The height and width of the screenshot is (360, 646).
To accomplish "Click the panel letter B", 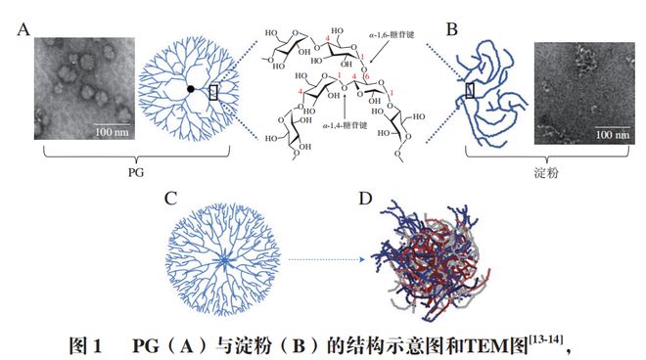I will click(452, 26).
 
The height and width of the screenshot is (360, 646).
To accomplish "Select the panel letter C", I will click(171, 200).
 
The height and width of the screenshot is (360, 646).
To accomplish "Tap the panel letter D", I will click(364, 199).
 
